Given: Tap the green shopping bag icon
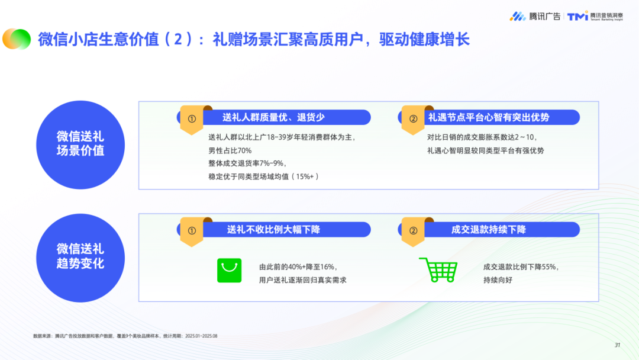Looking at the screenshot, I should coord(230,271).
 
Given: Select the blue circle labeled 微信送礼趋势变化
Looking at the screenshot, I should coord(80,256).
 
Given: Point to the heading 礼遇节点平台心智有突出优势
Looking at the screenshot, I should coord(489,117).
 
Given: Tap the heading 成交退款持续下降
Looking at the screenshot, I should coord(488,230).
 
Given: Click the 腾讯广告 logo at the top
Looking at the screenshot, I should coord(535,16).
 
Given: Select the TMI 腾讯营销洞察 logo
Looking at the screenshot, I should coord(595,16).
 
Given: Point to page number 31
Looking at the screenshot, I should coord(617,345).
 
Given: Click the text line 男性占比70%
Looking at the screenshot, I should coord(226,150).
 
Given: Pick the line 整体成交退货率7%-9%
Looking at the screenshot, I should coord(243,163).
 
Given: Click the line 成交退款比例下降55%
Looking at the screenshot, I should coord(521,266).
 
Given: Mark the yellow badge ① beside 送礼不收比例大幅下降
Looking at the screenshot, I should coord(191,231).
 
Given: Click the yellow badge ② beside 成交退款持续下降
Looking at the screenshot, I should coord(413,231).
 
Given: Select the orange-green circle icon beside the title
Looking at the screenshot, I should coord(17,39).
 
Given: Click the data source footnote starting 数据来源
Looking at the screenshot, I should coord(125,336).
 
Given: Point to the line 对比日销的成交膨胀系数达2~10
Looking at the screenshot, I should coord(482,137).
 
